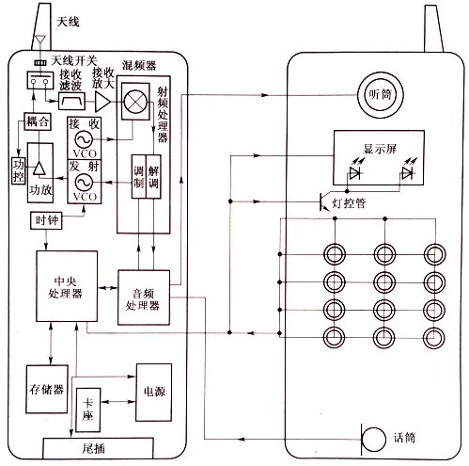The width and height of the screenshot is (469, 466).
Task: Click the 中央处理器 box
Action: tap(67, 286)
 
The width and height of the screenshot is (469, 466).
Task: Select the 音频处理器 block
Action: tap(144, 297)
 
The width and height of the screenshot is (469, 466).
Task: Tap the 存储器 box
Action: tap(47, 389)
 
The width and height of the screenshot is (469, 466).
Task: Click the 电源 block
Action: tap(154, 393)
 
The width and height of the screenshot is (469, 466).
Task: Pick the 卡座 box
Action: tap(88, 410)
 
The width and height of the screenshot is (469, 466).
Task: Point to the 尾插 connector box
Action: tap(98, 448)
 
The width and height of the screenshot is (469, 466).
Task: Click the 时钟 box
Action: tap(46, 220)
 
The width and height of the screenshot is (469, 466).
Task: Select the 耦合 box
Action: tap(38, 121)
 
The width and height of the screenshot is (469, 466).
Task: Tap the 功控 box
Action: tap(18, 170)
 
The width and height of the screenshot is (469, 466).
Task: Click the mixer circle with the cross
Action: tap(135, 101)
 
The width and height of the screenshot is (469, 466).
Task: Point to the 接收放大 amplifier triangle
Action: tap(102, 102)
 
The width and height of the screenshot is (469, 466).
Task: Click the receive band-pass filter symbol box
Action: tap(72, 101)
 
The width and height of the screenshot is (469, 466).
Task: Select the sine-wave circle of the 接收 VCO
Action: tap(84, 139)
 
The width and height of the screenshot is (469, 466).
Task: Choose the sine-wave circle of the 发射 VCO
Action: tap(84, 183)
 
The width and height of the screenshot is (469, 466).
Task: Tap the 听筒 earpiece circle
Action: tap(381, 95)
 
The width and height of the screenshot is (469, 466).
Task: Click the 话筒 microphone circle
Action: tap(373, 440)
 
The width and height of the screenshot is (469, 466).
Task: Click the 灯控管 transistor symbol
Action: tap(324, 201)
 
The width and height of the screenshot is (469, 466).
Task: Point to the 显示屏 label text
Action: tap(380, 149)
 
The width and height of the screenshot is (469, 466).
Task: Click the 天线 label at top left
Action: tap(68, 22)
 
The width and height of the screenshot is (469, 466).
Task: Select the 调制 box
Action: tap(138, 177)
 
